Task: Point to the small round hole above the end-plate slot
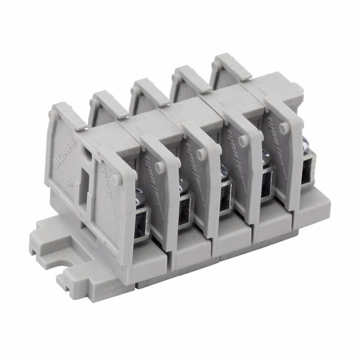coord(88,155)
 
